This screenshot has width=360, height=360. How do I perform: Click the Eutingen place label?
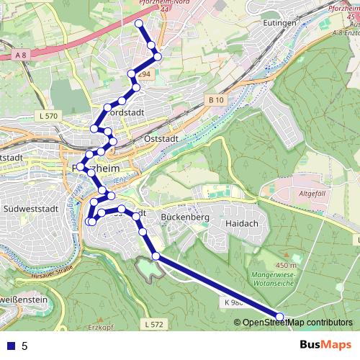tap(281, 22)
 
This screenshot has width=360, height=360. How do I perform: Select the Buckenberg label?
tap(185, 217)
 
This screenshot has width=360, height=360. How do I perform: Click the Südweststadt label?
tap(26, 208)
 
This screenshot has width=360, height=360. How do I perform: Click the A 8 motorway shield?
tap(22, 55)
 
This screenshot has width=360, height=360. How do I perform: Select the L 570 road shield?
tap(49, 115)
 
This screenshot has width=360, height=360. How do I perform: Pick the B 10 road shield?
tap(215, 99)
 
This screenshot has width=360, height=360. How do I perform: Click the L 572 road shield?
tap(153, 325)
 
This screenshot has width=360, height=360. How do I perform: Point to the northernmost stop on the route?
tap(139, 24)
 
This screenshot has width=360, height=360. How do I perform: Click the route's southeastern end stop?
tap(279, 316)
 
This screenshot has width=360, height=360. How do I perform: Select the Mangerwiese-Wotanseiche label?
tap(278, 279)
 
